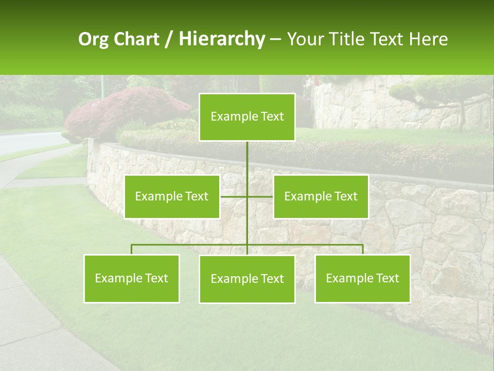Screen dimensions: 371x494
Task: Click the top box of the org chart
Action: click(247, 117)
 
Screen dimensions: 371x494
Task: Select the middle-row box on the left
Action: click(172, 196)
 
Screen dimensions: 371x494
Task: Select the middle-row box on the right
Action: click(321, 196)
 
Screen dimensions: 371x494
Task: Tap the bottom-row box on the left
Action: click(132, 278)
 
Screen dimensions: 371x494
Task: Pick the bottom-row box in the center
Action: click(247, 279)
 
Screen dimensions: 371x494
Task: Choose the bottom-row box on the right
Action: click(362, 278)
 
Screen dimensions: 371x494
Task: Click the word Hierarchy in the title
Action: click(221, 39)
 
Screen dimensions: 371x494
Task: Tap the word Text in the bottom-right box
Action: click(387, 278)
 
